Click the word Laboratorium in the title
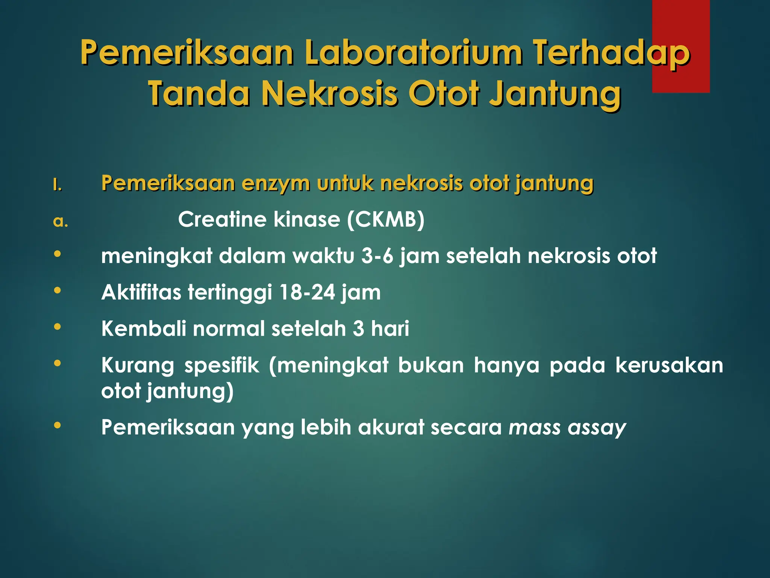[413, 53]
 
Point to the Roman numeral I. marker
[57, 185]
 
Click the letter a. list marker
[61, 222]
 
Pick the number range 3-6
[377, 256]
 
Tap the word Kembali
[144, 329]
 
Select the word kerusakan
[669, 365]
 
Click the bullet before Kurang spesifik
[58, 363]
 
